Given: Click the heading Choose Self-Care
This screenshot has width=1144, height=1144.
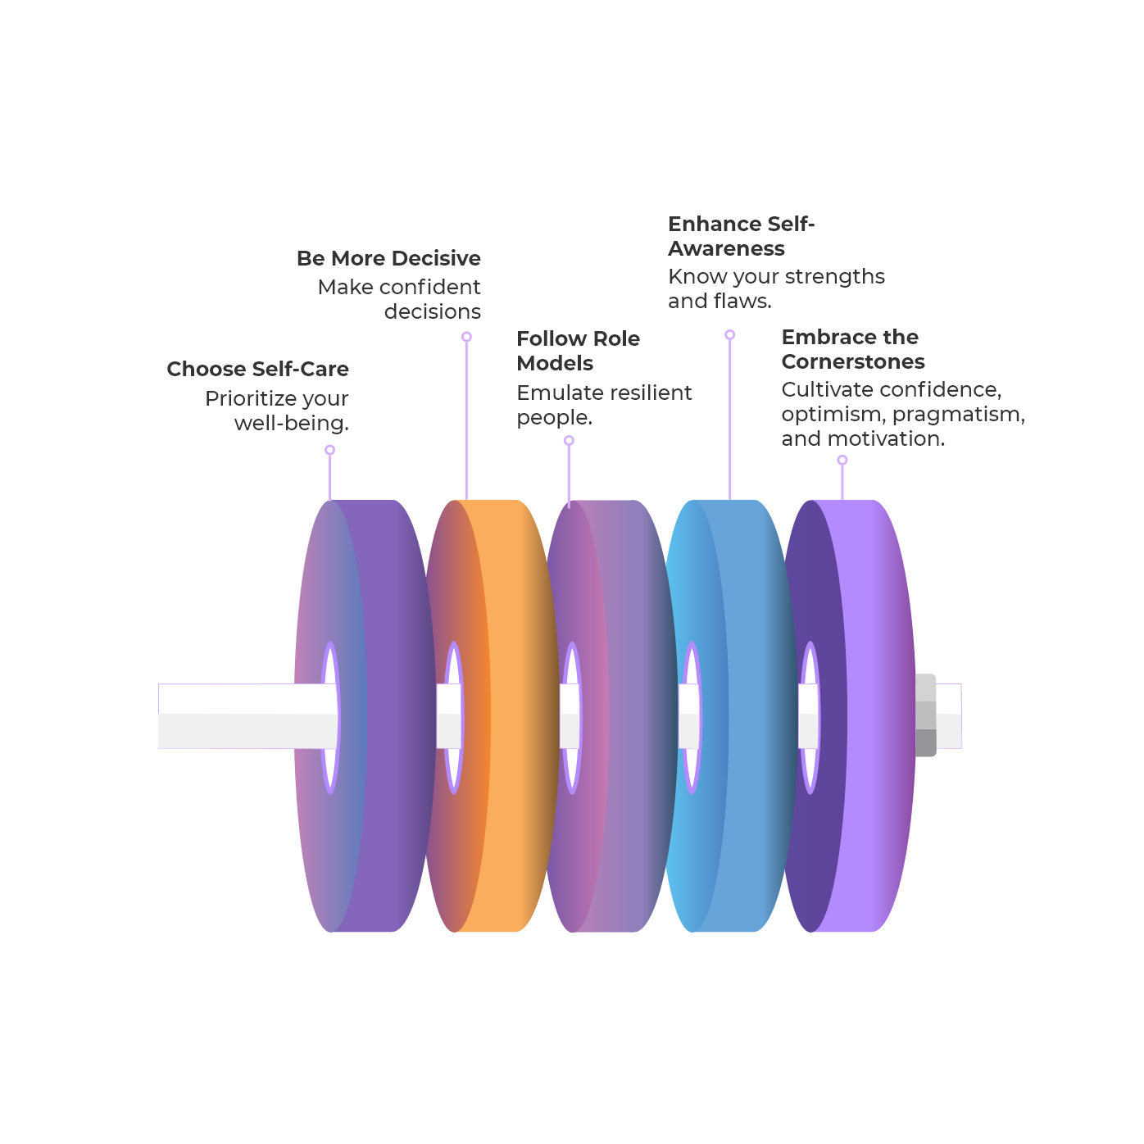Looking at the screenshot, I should click(x=257, y=370).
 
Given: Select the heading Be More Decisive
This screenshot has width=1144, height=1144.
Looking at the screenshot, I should click(x=388, y=259).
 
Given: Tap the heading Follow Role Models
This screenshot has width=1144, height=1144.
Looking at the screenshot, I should click(x=578, y=351).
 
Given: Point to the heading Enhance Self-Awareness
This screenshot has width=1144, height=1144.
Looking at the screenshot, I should click(x=741, y=236).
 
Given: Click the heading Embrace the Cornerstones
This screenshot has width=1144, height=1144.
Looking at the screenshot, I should click(x=852, y=349).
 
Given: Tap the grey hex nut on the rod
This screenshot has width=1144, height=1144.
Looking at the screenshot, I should click(x=925, y=715).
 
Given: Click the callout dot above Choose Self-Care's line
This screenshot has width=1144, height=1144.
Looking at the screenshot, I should click(x=329, y=450).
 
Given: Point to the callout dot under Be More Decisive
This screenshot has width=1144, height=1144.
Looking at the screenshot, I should click(x=466, y=337).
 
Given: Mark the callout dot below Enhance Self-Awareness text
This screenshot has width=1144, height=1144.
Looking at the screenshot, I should click(x=729, y=335).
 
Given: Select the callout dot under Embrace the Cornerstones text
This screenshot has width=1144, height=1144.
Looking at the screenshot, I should click(x=842, y=461).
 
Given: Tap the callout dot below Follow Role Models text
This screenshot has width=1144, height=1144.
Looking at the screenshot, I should click(x=569, y=441).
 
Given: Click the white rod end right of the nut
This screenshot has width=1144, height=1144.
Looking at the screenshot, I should click(x=949, y=715).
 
